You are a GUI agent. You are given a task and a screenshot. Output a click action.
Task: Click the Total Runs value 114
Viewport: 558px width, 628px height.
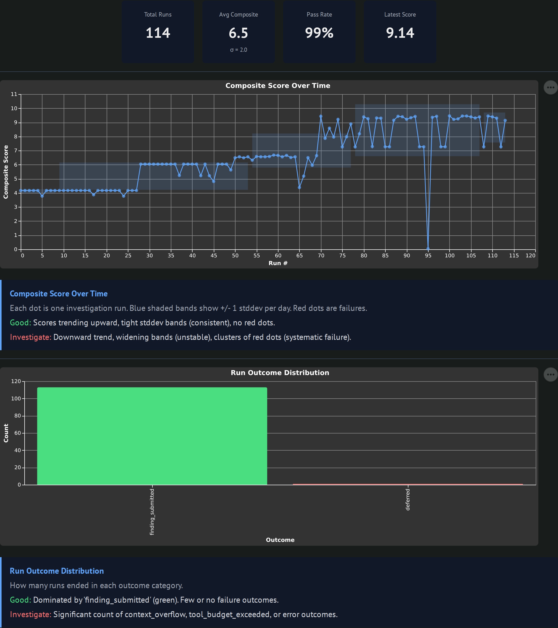pyautogui.click(x=158, y=33)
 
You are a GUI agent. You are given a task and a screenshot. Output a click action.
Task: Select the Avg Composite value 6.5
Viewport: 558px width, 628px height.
pyautogui.click(x=238, y=33)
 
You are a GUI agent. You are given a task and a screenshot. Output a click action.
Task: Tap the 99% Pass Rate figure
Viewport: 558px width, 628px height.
pyautogui.click(x=319, y=33)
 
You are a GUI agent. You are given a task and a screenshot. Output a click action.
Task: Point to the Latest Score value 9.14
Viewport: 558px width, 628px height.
pyautogui.click(x=400, y=33)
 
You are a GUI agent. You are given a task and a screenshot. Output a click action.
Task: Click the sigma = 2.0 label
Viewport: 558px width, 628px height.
pyautogui.click(x=239, y=50)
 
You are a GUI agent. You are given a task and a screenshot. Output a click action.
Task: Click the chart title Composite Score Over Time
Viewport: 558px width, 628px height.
pyautogui.click(x=278, y=86)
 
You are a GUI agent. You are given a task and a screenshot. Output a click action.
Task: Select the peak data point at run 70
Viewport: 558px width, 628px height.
pyautogui.click(x=321, y=116)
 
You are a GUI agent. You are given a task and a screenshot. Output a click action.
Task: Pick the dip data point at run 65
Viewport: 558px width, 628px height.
pyautogui.click(x=299, y=188)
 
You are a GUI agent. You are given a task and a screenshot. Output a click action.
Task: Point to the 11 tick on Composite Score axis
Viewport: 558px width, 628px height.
pyautogui.click(x=14, y=94)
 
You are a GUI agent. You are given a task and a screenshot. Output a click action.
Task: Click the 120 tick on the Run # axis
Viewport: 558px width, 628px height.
pyautogui.click(x=530, y=256)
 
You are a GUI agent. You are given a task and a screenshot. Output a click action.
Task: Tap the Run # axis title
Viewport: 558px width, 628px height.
pyautogui.click(x=278, y=263)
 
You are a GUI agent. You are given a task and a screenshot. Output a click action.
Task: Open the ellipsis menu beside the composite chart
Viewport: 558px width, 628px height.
pyautogui.click(x=550, y=88)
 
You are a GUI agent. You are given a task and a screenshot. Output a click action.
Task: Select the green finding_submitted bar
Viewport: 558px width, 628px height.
pyautogui.click(x=152, y=436)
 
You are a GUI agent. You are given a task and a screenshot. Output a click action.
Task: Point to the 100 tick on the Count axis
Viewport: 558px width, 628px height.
pyautogui.click(x=16, y=399)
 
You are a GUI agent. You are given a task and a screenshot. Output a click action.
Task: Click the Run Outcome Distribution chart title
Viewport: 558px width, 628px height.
pyautogui.click(x=280, y=373)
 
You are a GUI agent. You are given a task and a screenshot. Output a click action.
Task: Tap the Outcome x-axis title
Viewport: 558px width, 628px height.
pyautogui.click(x=280, y=540)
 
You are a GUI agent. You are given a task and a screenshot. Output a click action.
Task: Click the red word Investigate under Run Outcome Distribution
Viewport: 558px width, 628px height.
pyautogui.click(x=30, y=615)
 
